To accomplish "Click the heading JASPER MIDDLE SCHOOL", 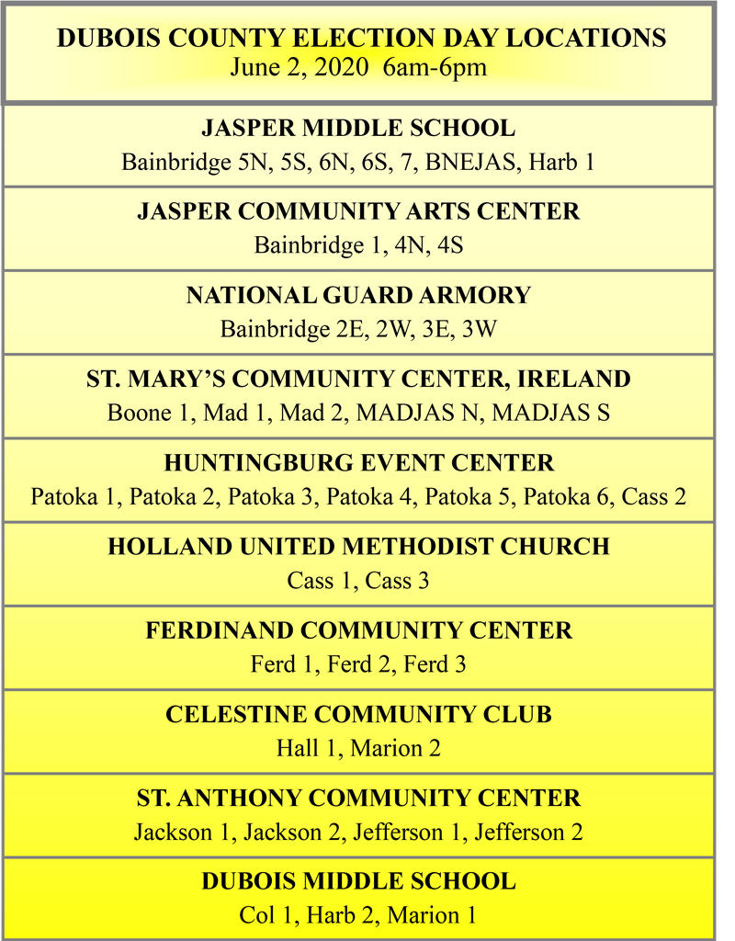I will (x=358, y=128).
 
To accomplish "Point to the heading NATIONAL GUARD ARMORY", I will (x=358, y=296).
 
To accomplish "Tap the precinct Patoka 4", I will (x=370, y=497).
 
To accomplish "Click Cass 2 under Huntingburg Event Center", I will (x=654, y=497).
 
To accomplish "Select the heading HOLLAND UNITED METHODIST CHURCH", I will (x=358, y=547).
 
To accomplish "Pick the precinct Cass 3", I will (x=397, y=581).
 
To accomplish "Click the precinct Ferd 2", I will (x=358, y=664).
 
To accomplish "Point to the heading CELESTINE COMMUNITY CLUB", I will (x=358, y=714).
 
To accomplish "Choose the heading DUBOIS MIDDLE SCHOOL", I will (x=358, y=882).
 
